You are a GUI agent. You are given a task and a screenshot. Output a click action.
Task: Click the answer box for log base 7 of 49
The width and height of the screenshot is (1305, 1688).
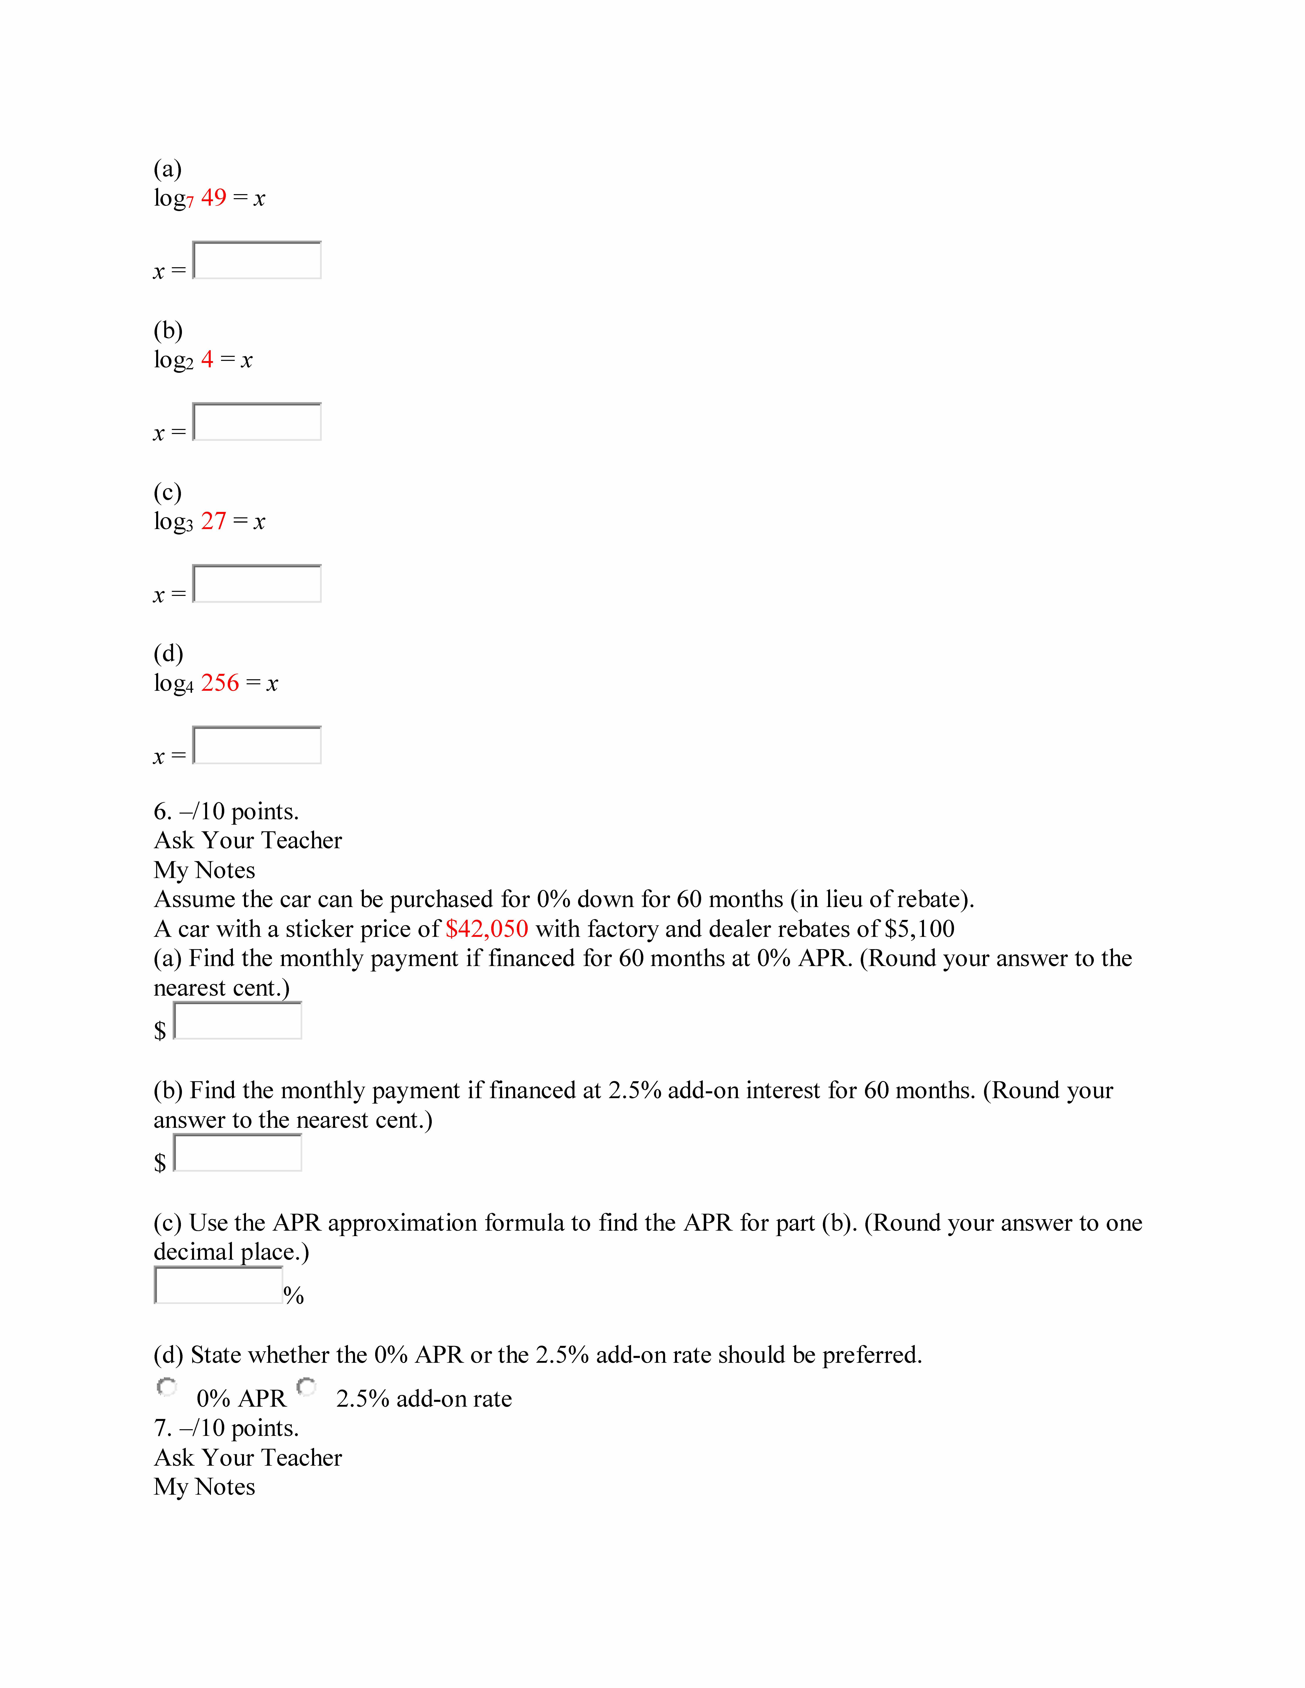coord(257,260)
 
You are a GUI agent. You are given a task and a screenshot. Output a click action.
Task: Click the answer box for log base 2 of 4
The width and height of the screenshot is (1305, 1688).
coord(257,422)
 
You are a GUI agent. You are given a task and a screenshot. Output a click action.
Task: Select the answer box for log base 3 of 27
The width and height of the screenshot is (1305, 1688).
coord(257,584)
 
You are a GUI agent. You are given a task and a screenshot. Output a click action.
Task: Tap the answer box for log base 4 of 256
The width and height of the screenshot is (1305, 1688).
coord(257,745)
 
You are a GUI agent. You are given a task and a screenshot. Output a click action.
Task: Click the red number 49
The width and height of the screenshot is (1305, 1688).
coord(213,198)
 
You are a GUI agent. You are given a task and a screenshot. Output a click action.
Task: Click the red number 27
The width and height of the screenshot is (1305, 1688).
coord(213,522)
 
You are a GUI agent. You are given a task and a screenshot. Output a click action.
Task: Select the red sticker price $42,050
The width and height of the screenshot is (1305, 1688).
coord(486,929)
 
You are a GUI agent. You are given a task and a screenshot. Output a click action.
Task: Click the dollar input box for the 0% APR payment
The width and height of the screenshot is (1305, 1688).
coord(237,1021)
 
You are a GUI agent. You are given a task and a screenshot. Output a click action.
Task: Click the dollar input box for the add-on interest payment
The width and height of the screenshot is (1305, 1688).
coord(237,1153)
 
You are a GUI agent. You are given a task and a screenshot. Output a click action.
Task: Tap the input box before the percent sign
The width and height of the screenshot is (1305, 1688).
coord(218,1285)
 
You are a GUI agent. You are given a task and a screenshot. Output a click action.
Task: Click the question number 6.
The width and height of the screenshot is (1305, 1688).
coord(162,812)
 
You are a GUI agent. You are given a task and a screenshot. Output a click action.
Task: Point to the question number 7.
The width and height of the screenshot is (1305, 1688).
coord(162,1428)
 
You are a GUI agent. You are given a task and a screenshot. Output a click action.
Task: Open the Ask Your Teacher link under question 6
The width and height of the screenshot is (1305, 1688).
coord(247,841)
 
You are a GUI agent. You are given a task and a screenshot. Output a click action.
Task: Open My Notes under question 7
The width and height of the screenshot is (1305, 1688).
coord(204,1487)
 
